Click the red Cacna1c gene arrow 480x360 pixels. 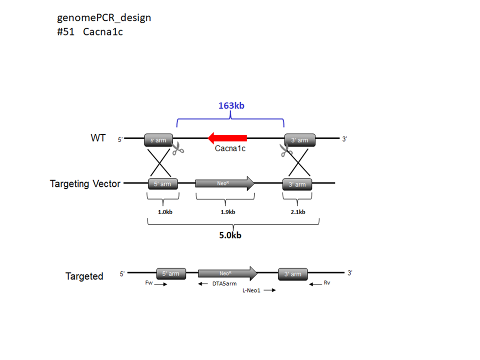(x=227, y=138)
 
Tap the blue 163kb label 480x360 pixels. (x=231, y=105)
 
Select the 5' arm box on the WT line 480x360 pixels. (x=158, y=140)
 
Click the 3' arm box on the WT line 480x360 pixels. (x=299, y=140)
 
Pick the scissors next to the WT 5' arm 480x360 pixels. (x=177, y=148)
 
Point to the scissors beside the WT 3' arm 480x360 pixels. (x=286, y=150)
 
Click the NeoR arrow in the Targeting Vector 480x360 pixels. (x=225, y=183)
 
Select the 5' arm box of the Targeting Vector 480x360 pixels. (x=163, y=184)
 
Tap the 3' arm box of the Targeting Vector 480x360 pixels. (x=297, y=184)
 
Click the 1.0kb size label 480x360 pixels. (x=165, y=212)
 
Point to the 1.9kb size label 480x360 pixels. (x=228, y=212)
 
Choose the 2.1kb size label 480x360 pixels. (x=298, y=212)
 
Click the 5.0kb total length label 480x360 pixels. (x=230, y=235)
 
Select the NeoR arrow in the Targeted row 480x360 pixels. (x=228, y=273)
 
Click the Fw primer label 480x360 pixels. (x=149, y=282)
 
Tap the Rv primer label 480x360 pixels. (x=327, y=282)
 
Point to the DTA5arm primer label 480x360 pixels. (x=224, y=284)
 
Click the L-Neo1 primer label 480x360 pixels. (x=251, y=290)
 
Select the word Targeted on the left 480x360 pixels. (x=84, y=276)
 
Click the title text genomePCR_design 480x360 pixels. (x=104, y=18)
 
